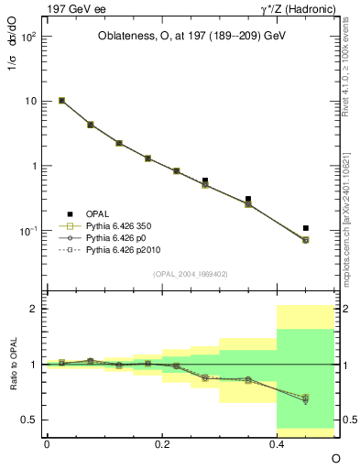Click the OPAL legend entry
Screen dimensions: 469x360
click(x=96, y=213)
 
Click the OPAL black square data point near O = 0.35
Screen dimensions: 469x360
click(x=248, y=199)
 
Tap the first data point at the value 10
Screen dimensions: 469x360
click(x=61, y=101)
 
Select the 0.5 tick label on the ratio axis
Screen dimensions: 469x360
click(x=29, y=420)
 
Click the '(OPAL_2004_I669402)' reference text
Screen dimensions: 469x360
click(x=191, y=273)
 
